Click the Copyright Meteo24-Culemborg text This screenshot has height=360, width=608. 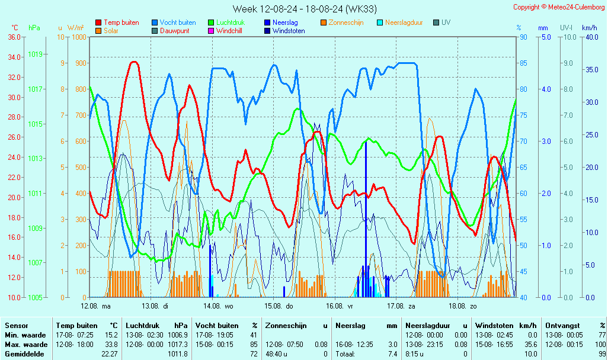559,7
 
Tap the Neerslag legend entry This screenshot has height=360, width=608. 284,22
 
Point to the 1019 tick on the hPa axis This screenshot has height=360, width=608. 35,54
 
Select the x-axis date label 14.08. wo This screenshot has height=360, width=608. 219,306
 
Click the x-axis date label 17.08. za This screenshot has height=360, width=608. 401,306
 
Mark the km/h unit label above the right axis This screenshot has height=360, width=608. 589,28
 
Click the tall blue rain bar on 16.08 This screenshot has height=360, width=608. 366,219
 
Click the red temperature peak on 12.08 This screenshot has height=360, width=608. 134,62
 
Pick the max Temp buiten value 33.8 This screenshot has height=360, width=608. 111,345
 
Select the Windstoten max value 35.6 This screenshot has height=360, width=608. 529,345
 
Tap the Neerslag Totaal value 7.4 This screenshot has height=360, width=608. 392,354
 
